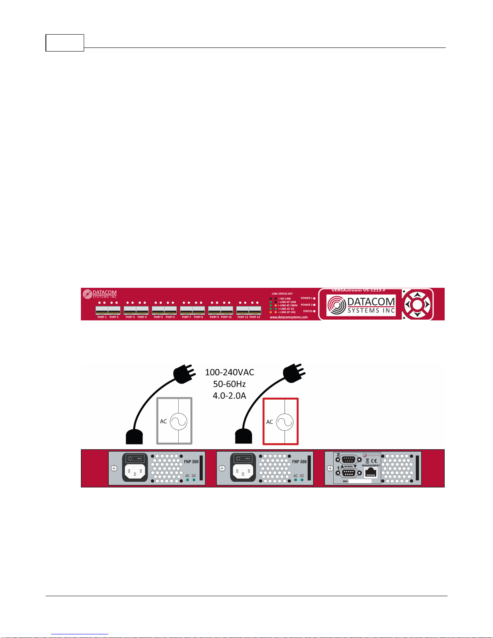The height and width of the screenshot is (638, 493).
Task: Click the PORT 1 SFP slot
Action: pyautogui.click(x=102, y=310)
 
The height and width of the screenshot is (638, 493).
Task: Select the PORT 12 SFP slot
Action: pyautogui.click(x=255, y=310)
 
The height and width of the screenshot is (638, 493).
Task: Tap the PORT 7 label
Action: pyautogui.click(x=186, y=317)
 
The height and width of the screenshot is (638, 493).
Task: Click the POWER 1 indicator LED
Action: pyautogui.click(x=314, y=298)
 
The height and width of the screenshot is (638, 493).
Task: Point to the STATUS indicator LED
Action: pyautogui.click(x=314, y=311)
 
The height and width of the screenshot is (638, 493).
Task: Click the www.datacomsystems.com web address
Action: pyautogui.click(x=289, y=317)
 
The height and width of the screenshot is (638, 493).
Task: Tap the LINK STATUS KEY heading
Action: pyautogui.click(x=282, y=294)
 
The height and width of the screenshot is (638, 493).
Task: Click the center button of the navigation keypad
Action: pyautogui.click(x=417, y=304)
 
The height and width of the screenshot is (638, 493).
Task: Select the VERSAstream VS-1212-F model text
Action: pyautogui.click(x=358, y=290)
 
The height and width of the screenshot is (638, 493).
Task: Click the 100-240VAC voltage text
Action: pyautogui.click(x=229, y=372)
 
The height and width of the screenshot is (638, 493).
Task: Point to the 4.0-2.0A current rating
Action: pyautogui.click(x=229, y=396)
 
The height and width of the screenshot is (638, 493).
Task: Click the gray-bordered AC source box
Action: pyautogui.click(x=174, y=421)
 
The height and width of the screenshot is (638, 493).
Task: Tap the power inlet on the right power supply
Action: pyautogui.click(x=243, y=472)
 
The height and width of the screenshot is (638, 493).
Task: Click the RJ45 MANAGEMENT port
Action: pyautogui.click(x=371, y=473)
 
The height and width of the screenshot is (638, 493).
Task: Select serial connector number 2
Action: pyautogui.click(x=349, y=459)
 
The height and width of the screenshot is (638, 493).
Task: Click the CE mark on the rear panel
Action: pyautogui.click(x=374, y=460)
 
